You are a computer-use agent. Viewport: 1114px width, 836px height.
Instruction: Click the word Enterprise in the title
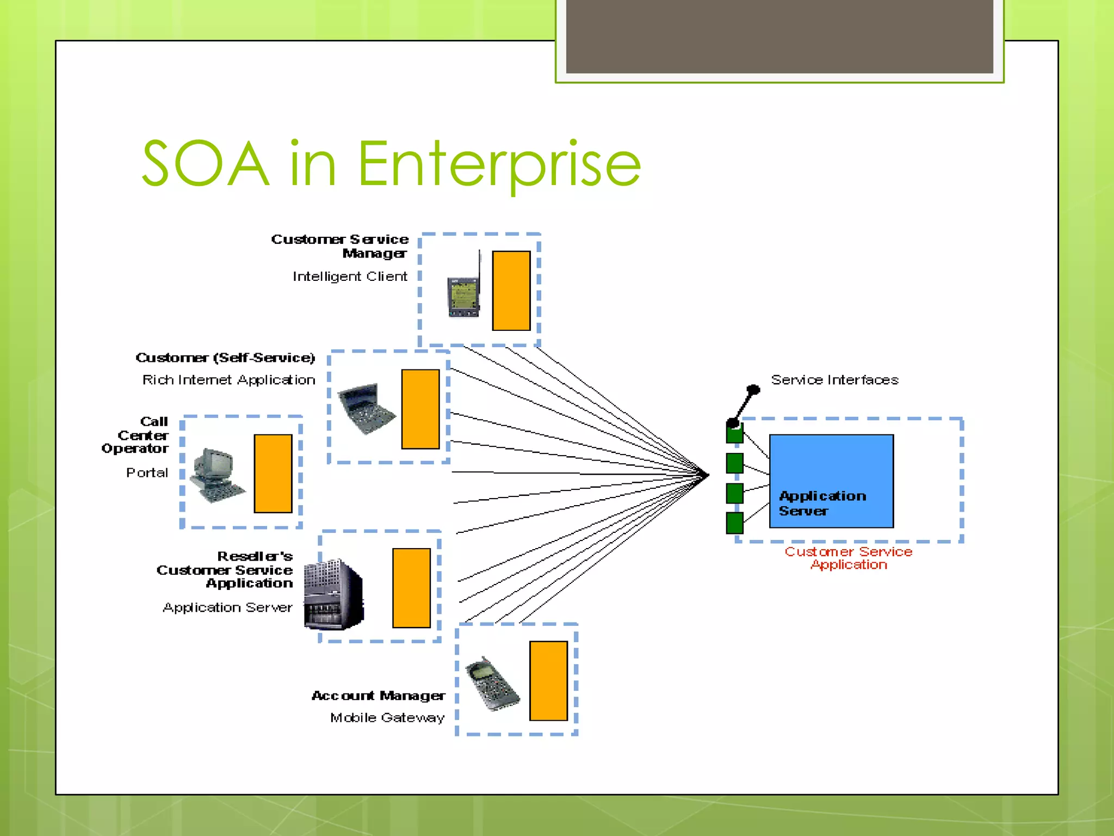pyautogui.click(x=499, y=164)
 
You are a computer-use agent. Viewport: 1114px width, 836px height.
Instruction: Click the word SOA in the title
pyautogui.click(x=206, y=164)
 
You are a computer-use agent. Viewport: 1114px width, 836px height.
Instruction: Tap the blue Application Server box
pyautogui.click(x=831, y=481)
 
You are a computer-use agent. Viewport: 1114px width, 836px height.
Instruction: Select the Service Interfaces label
pyautogui.click(x=834, y=380)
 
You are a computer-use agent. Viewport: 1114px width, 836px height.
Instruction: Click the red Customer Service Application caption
pyautogui.click(x=848, y=558)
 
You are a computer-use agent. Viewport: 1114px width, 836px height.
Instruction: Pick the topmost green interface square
pyautogui.click(x=734, y=433)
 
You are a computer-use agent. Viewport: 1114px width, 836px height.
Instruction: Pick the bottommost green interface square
pyautogui.click(x=734, y=522)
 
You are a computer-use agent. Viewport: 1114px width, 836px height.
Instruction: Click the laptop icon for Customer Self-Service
pyautogui.click(x=366, y=408)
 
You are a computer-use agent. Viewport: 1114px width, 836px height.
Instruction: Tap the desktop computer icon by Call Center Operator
pyautogui.click(x=216, y=475)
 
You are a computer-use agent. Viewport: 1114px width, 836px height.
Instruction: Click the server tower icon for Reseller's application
pyautogui.click(x=333, y=594)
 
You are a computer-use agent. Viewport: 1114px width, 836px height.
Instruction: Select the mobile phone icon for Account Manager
pyautogui.click(x=492, y=684)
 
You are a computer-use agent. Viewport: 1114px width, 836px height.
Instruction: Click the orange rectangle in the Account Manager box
pyautogui.click(x=548, y=680)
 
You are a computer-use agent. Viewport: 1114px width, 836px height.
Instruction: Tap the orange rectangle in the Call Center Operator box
pyautogui.click(x=273, y=473)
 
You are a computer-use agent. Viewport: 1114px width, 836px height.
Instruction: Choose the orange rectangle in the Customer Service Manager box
pyautogui.click(x=511, y=291)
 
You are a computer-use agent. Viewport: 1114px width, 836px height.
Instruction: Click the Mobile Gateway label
pyautogui.click(x=387, y=717)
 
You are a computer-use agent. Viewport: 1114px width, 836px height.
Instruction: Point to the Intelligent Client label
pyautogui.click(x=350, y=276)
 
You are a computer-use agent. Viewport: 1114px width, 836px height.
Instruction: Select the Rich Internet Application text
pyautogui.click(x=228, y=380)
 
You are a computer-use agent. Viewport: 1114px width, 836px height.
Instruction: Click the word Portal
pyautogui.click(x=147, y=472)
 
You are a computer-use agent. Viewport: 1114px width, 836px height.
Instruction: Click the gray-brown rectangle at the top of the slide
pyautogui.click(x=779, y=36)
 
